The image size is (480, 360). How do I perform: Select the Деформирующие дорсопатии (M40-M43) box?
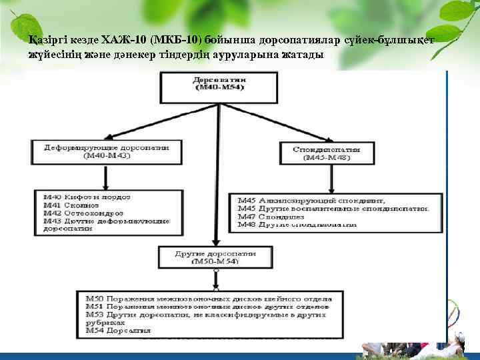[107, 151]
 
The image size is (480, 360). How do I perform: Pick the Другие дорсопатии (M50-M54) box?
[215, 257]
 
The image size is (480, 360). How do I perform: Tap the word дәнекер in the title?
[121, 55]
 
